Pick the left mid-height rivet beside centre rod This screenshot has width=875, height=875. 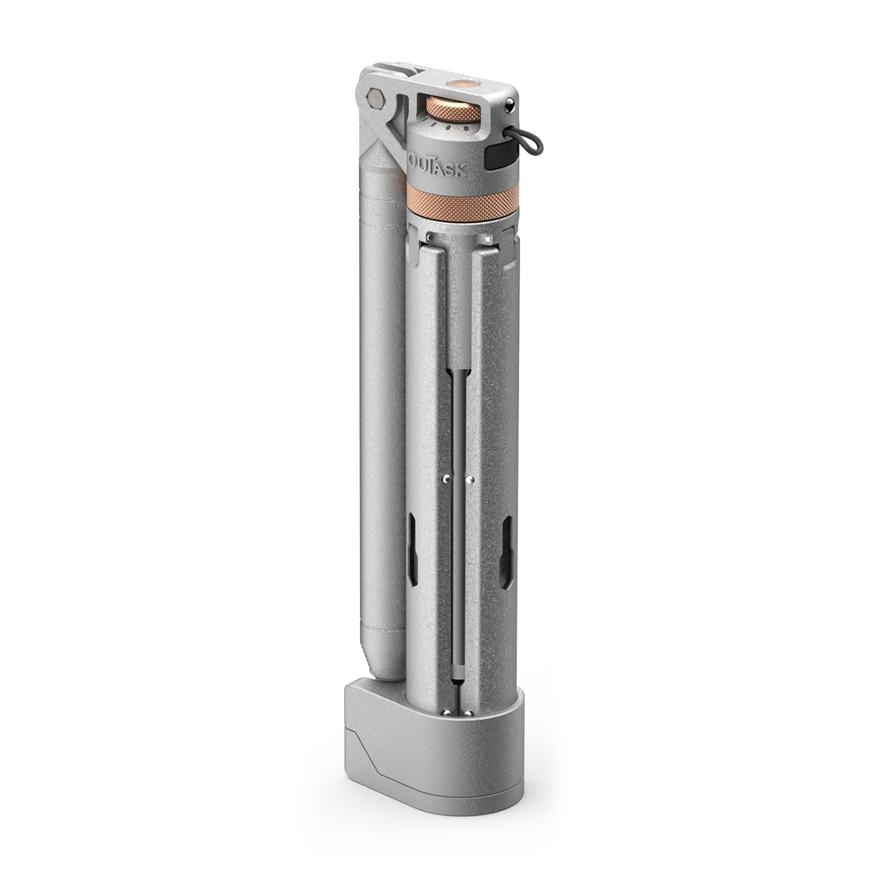444,479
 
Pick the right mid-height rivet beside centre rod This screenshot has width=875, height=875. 470,480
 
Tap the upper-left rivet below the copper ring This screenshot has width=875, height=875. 429,237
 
